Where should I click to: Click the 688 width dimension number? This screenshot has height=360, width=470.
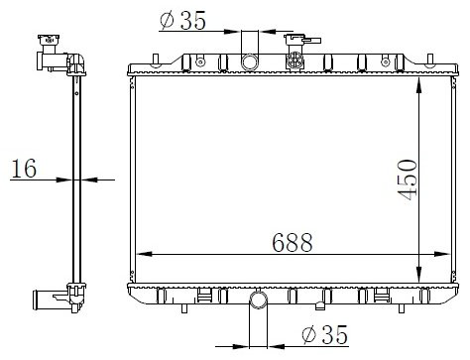coord(293,243)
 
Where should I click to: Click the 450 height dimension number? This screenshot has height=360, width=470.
coord(408,180)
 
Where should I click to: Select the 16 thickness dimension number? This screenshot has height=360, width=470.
coord(24,169)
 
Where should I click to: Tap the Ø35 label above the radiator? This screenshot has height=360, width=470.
coord(182,21)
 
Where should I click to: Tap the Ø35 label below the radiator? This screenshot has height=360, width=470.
coord(325,334)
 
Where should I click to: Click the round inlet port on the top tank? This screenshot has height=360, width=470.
coord(250,61)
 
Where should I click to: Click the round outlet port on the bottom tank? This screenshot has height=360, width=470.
coord(259,300)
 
